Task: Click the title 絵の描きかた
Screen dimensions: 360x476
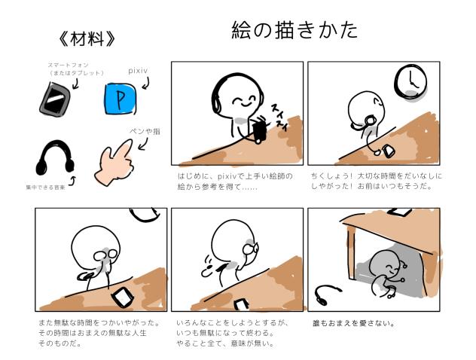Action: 294,31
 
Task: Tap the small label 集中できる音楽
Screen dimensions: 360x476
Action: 41,185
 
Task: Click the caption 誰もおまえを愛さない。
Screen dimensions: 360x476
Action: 353,325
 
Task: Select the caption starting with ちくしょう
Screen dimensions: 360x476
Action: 377,182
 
